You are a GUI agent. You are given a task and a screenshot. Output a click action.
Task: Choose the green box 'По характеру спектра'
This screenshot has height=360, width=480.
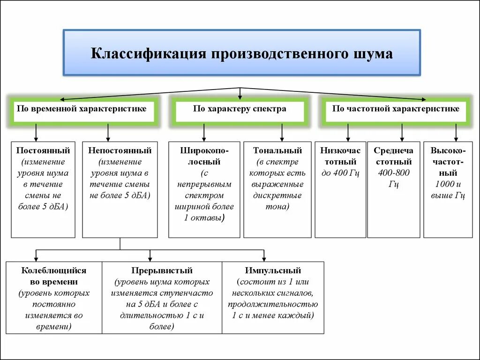(240, 109)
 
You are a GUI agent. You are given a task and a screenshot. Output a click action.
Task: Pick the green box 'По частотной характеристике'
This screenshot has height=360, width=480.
(396, 109)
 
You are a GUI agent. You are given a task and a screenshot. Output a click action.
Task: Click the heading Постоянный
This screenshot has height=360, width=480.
(43, 151)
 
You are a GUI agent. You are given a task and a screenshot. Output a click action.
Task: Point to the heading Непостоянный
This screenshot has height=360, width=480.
(120, 151)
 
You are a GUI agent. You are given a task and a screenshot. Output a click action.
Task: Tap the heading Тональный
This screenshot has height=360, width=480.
(277, 151)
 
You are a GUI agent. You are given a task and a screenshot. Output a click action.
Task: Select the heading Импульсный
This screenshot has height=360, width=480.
(273, 271)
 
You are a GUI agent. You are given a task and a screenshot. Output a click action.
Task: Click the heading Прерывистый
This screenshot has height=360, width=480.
(162, 271)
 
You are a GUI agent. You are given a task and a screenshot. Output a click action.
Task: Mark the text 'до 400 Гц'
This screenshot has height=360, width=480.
(340, 173)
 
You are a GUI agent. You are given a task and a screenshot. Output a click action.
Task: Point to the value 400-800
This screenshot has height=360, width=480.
(394, 173)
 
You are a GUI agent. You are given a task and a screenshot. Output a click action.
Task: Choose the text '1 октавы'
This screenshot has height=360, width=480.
(205, 217)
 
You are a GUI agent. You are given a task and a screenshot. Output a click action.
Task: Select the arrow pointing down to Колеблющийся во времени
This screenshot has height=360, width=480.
(36, 256)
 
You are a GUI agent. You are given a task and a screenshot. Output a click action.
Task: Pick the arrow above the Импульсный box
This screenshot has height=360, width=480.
(264, 256)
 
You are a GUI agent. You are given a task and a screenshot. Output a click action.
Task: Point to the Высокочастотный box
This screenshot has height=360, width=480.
(448, 189)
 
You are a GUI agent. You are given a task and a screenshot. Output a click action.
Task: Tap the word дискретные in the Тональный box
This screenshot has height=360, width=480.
(277, 195)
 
